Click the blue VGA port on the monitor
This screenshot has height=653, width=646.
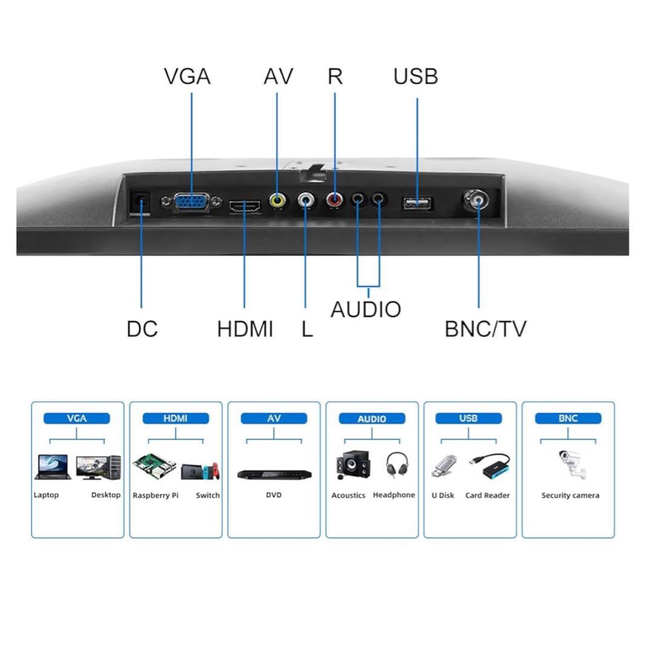(x=192, y=202)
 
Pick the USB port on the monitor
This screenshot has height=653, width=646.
(x=417, y=203)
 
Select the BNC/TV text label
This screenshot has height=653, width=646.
(x=485, y=329)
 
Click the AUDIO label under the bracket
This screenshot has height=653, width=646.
(x=365, y=309)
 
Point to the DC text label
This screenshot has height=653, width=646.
(x=142, y=329)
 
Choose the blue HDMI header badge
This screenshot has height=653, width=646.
(x=175, y=418)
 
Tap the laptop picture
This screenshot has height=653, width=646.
(x=53, y=467)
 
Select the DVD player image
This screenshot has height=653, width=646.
(x=274, y=474)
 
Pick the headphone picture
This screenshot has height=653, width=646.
(x=396, y=465)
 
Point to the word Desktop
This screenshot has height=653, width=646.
(x=106, y=495)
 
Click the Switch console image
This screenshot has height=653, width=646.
(x=208, y=470)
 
